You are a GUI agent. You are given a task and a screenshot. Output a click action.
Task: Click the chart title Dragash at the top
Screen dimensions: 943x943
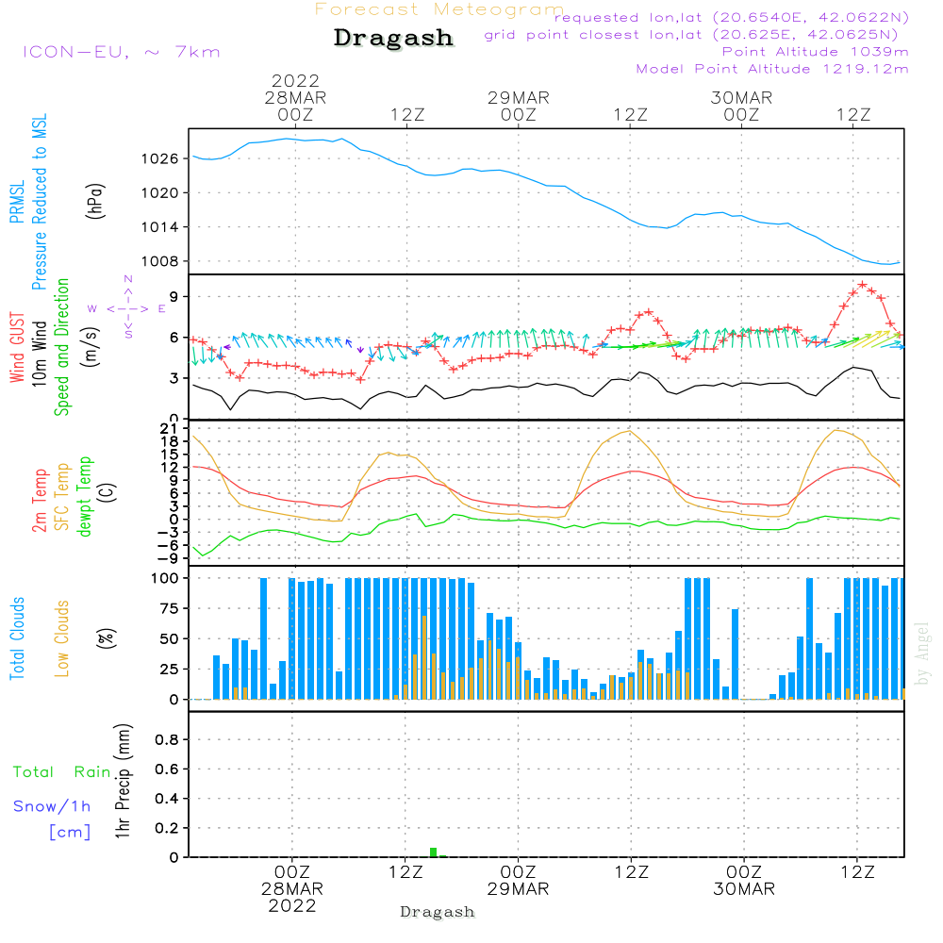point(393,39)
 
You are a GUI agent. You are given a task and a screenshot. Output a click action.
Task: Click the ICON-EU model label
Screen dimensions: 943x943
point(121,52)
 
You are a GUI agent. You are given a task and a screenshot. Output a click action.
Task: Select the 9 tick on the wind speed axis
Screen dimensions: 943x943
point(174,296)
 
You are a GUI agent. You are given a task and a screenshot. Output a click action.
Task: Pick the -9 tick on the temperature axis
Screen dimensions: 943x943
point(170,557)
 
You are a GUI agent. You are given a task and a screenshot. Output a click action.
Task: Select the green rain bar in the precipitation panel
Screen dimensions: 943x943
point(434,852)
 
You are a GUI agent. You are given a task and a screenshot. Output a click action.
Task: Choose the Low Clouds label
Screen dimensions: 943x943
point(63,638)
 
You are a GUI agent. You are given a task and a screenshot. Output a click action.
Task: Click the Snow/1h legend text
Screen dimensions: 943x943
point(53,807)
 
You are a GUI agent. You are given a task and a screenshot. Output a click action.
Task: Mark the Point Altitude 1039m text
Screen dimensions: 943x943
point(815,51)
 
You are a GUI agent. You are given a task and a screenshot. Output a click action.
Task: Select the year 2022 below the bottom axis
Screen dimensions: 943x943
point(292,906)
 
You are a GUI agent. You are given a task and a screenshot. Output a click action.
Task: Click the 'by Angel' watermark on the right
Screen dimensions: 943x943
point(922,653)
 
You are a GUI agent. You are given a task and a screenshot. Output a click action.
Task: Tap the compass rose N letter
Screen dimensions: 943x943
point(128,279)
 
